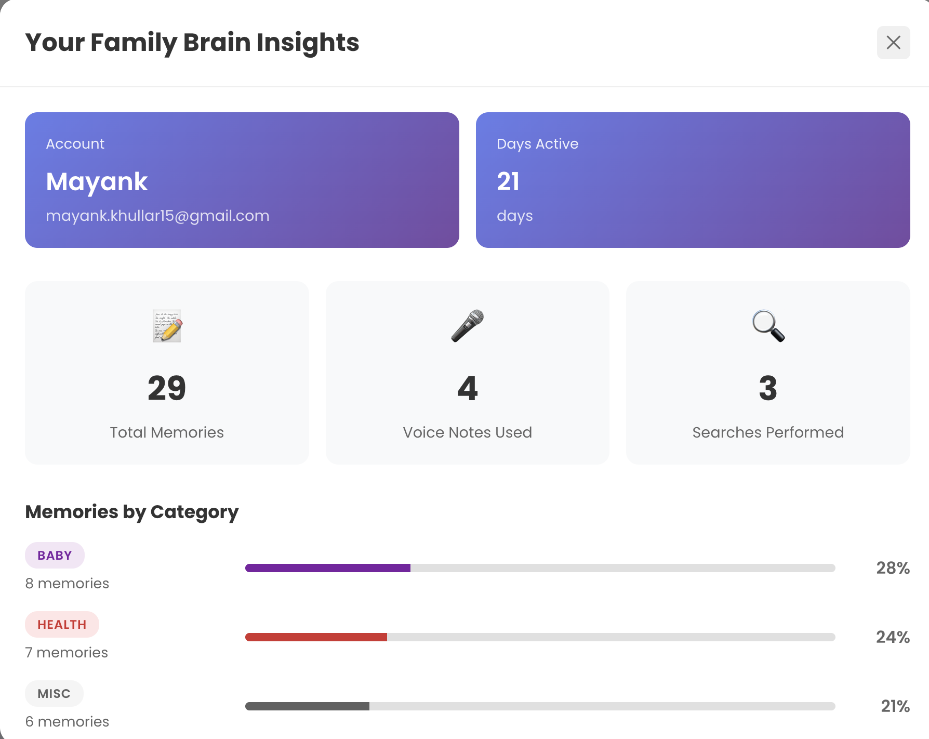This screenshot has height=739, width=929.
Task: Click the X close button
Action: click(x=893, y=43)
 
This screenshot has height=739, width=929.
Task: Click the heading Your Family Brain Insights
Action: click(x=192, y=43)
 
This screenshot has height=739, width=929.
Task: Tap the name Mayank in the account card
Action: click(x=97, y=182)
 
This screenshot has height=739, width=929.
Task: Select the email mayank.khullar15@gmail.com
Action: click(x=157, y=216)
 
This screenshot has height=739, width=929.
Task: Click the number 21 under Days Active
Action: click(x=508, y=182)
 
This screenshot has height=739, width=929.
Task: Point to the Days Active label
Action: click(x=537, y=144)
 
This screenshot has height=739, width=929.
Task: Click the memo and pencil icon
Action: click(x=167, y=326)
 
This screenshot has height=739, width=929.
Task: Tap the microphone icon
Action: click(x=467, y=326)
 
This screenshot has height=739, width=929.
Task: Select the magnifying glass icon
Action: click(x=768, y=326)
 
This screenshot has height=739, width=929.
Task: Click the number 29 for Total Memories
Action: click(x=167, y=388)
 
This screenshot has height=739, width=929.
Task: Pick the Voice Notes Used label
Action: click(x=467, y=432)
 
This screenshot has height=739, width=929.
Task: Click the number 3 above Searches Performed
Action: click(x=768, y=388)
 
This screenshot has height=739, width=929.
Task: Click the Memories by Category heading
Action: click(x=132, y=512)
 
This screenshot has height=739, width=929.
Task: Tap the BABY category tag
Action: click(x=55, y=556)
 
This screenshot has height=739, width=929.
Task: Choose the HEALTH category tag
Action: click(x=62, y=625)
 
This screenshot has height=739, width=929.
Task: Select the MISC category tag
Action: click(x=54, y=694)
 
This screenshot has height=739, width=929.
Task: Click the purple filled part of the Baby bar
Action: click(x=327, y=568)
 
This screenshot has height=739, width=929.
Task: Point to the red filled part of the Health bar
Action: click(x=316, y=637)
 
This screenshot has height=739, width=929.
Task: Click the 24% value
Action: click(x=893, y=637)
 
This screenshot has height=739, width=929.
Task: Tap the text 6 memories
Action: click(x=67, y=721)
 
